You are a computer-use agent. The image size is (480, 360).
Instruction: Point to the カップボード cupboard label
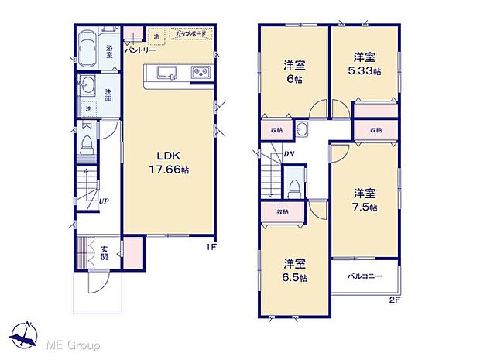(190, 36)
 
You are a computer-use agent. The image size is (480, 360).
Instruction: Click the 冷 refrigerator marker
(156, 36)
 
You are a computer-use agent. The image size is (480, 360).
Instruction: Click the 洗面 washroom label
(108, 95)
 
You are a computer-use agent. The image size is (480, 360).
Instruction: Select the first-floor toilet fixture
(88, 143)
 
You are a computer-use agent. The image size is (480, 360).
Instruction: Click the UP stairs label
(103, 203)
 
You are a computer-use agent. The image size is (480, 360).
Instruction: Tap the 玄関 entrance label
(105, 252)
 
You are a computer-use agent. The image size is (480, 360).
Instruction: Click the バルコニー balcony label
(362, 276)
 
